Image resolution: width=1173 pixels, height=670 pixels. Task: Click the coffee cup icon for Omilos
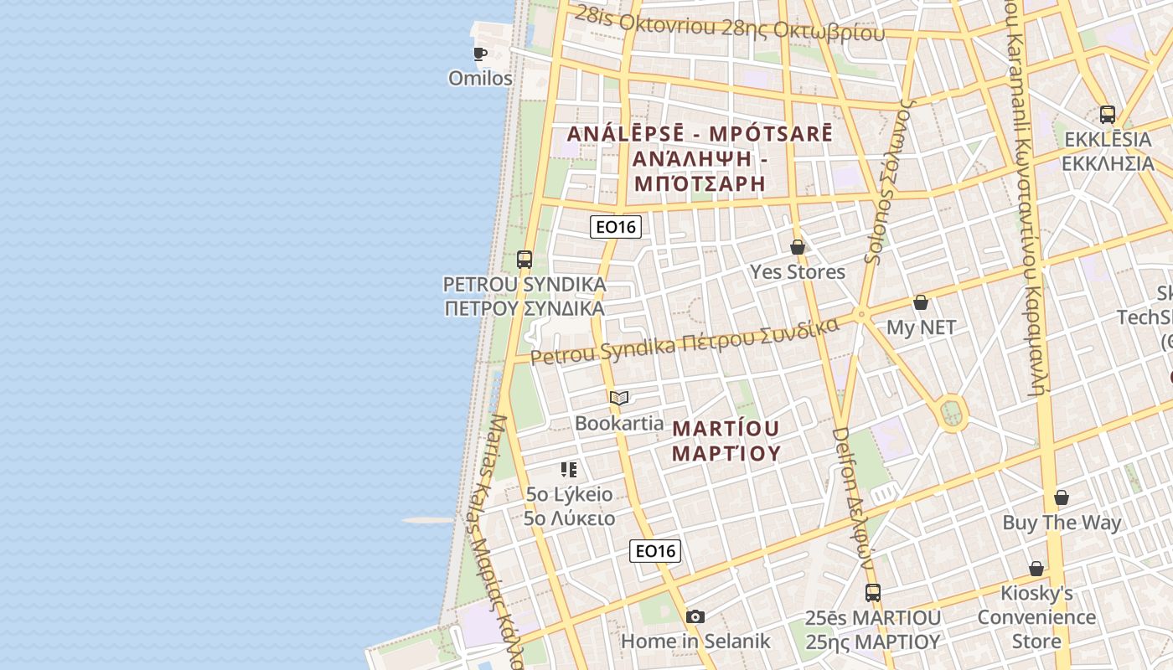click(x=480, y=54)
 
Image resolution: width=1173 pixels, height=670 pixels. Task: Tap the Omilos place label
click(x=480, y=78)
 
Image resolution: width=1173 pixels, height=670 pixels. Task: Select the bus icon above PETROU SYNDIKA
click(x=524, y=260)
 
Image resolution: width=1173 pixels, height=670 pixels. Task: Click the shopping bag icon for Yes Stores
click(x=798, y=247)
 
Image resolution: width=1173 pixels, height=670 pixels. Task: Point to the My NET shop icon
click(x=921, y=302)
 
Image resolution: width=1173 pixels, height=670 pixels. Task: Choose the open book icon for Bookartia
click(x=619, y=398)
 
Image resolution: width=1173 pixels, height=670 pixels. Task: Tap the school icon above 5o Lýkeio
click(x=569, y=469)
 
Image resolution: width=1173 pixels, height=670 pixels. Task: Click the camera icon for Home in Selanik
click(x=695, y=617)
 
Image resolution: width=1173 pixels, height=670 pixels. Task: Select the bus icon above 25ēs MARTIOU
click(x=873, y=593)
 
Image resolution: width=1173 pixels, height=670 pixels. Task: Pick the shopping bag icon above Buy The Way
click(x=1062, y=497)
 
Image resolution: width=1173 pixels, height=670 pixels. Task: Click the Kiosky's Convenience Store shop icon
click(x=1036, y=569)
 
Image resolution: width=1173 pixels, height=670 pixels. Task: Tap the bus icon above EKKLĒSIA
click(x=1108, y=115)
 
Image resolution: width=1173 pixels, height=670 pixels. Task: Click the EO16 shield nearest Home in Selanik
click(x=655, y=550)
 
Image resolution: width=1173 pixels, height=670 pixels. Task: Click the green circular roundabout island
click(x=952, y=412)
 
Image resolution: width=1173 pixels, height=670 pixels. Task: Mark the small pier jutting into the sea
click(x=427, y=520)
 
